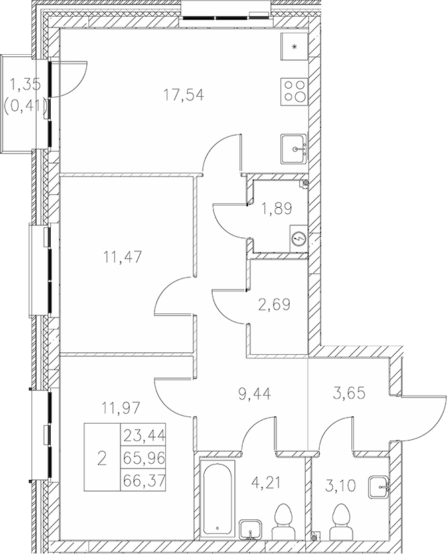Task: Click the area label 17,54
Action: click(183, 95)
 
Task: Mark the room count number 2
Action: click(101, 458)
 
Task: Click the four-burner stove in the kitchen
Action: click(295, 90)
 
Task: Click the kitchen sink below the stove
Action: click(294, 148)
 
